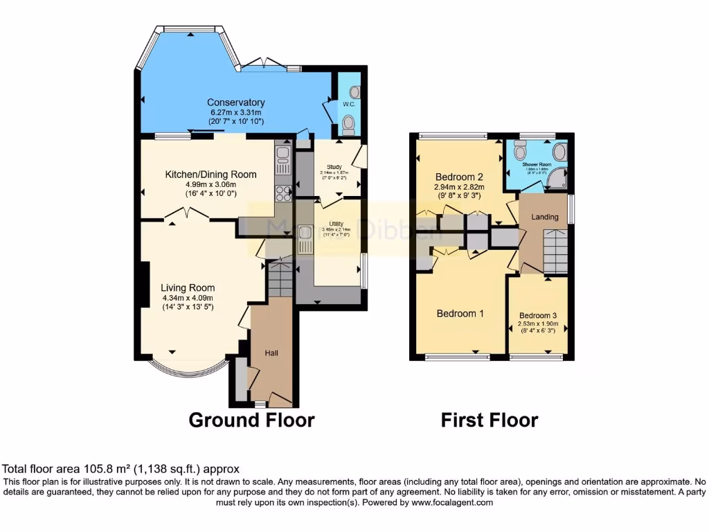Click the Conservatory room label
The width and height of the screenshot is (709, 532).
click(236, 103)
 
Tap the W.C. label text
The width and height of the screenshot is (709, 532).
click(348, 105)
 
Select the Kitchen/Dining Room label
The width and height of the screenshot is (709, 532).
click(210, 175)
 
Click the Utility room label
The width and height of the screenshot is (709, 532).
click(335, 224)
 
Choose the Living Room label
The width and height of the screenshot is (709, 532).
click(188, 287)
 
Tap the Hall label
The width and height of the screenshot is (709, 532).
click(271, 353)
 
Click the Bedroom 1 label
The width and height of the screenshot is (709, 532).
click(460, 313)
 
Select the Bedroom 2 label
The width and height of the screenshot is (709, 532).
click(459, 176)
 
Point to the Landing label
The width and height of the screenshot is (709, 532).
click(544, 217)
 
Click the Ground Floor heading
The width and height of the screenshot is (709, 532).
click(251, 420)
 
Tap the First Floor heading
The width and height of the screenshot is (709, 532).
click(490, 420)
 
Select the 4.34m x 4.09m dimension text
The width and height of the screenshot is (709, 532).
click(188, 298)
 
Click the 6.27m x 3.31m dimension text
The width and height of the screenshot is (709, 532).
click(236, 112)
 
